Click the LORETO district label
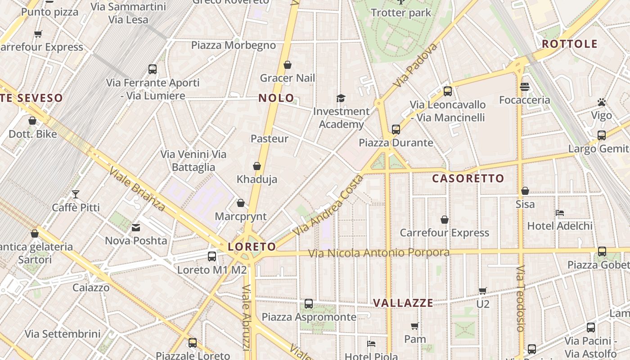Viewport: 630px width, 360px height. [252, 247]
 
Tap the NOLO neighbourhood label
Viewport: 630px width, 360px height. [276, 98]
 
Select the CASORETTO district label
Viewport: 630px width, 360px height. [468, 179]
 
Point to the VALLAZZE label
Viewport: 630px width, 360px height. [403, 303]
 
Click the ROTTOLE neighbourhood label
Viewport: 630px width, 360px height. [570, 44]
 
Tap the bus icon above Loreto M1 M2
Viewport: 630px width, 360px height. [212, 256]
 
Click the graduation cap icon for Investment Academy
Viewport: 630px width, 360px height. [341, 98]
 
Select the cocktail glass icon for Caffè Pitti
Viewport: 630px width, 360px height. [76, 194]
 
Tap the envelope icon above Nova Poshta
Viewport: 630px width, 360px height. [136, 228]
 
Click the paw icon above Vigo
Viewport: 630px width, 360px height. [602, 103]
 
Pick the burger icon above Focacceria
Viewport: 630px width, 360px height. [524, 86]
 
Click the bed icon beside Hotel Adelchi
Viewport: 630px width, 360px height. [560, 213]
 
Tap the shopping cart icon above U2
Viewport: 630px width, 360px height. [482, 291]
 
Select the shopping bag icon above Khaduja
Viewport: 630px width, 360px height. [257, 166]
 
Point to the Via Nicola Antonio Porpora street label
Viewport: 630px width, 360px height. [379, 253]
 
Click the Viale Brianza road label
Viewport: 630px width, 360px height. [137, 189]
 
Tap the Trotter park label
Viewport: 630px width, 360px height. [401, 13]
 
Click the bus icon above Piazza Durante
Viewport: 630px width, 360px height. [396, 130]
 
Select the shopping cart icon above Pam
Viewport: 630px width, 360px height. [414, 326]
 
